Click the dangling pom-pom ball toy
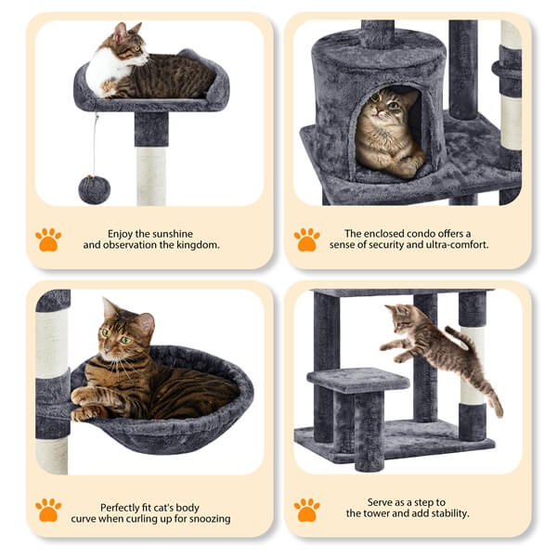tap(94, 189)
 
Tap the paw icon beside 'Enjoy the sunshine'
tap(48, 240)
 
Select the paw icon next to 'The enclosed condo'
tap(306, 240)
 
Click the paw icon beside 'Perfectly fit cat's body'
tap(48, 509)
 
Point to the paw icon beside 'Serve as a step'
tap(306, 509)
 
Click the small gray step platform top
tap(357, 379)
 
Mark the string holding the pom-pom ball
tap(94, 144)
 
